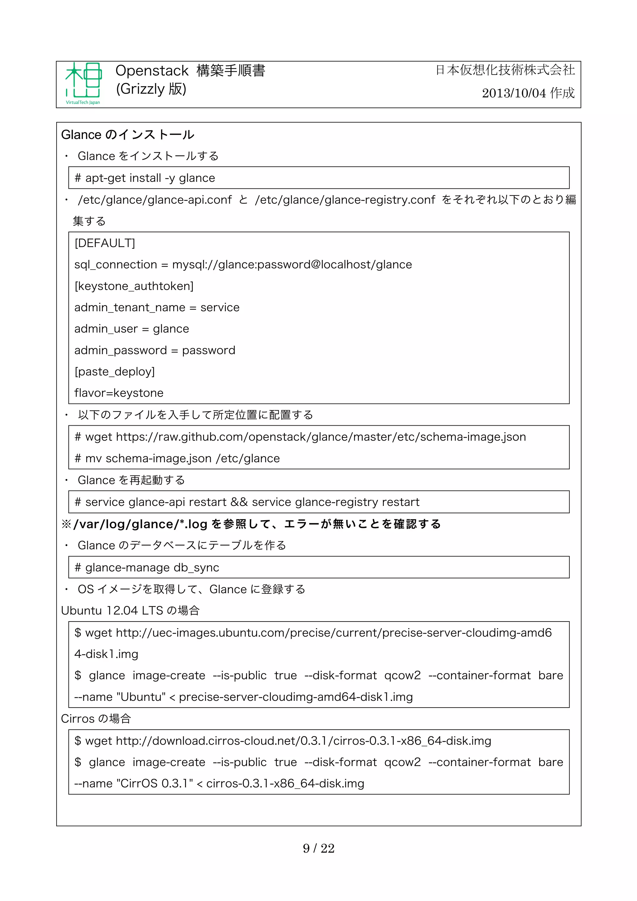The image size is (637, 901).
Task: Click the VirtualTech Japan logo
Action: [83, 83]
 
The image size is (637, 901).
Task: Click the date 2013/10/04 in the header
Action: [514, 93]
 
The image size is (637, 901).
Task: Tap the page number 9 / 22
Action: [318, 848]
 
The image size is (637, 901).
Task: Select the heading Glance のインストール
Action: [128, 135]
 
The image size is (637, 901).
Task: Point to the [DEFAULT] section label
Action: [105, 243]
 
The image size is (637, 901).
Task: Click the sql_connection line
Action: [243, 265]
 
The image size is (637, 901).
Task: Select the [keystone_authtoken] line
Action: [134, 286]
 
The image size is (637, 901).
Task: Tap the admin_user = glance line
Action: [132, 329]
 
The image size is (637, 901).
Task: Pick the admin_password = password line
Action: [155, 350]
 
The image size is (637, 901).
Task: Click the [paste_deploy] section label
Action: [114, 372]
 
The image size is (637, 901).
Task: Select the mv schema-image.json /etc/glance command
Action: [177, 458]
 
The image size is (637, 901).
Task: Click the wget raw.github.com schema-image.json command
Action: [300, 437]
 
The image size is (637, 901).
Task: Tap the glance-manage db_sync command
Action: [147, 567]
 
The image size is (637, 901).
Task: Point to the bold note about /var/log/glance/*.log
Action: [251, 524]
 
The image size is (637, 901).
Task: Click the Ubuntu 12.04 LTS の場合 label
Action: [130, 611]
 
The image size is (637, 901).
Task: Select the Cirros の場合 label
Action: [96, 718]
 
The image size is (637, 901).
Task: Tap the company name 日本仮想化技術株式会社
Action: [505, 70]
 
